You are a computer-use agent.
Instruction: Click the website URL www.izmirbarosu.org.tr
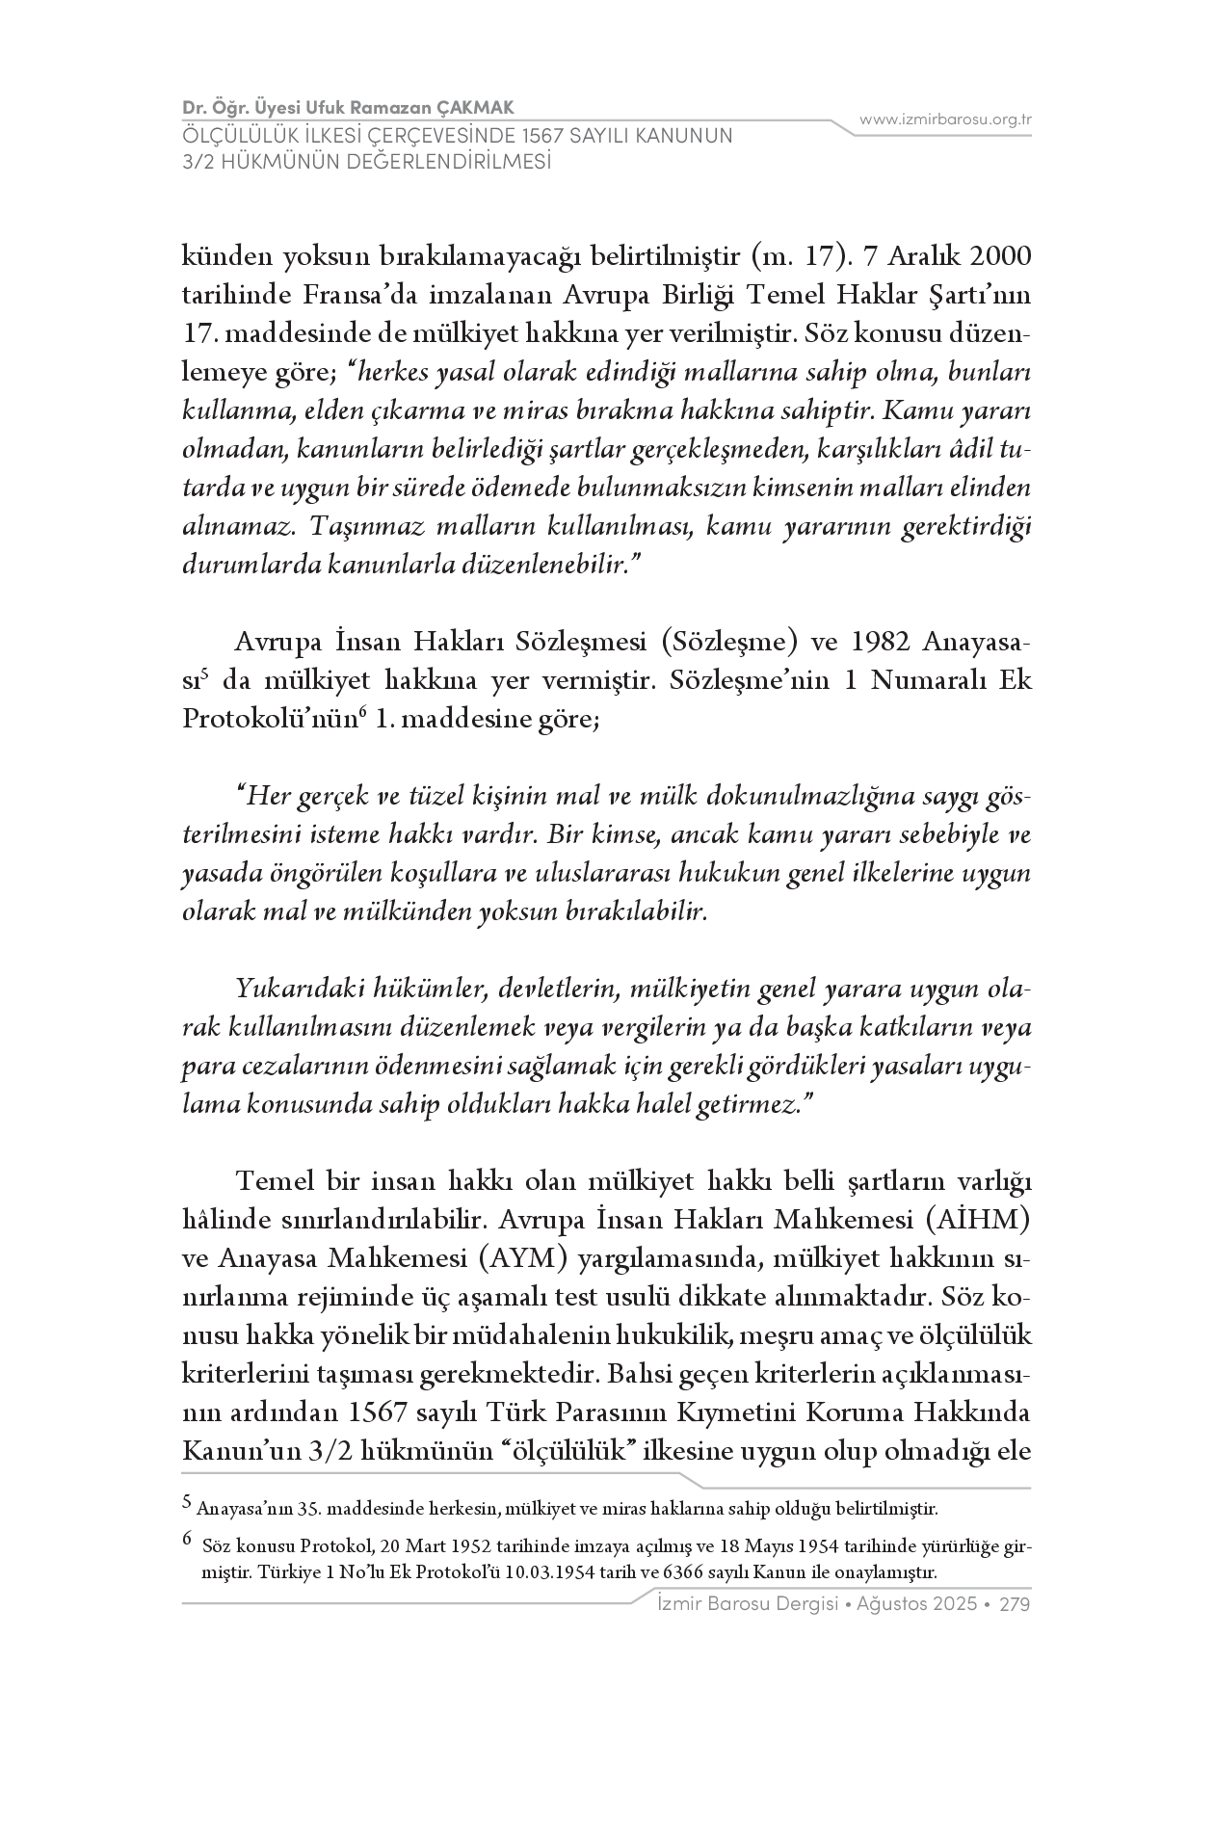[945, 119]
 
